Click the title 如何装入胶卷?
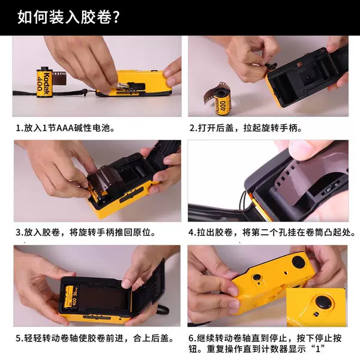[68, 17]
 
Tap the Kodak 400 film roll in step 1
[44, 82]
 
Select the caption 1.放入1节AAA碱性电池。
[65, 128]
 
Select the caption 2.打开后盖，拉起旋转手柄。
[245, 128]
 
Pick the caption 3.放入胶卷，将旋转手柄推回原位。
[86, 233]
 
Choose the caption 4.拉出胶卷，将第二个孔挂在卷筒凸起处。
[272, 233]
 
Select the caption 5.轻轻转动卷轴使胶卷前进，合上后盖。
[95, 338]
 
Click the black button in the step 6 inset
[323, 302]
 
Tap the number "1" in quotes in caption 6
[318, 349]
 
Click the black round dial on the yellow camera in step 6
[298, 262]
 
